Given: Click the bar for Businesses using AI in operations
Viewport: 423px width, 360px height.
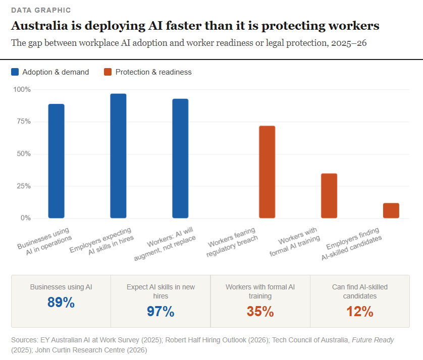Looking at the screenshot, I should coord(56,161).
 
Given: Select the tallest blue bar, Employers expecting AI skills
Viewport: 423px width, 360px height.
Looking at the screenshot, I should coord(118,156).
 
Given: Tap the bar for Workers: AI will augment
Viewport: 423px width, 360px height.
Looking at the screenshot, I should coord(180,159).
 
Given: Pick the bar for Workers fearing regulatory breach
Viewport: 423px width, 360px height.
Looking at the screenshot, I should coord(267,172).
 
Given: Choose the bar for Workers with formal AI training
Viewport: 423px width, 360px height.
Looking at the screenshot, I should coord(329,196).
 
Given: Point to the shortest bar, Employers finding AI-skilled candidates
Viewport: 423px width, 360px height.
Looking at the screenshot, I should coord(391,211).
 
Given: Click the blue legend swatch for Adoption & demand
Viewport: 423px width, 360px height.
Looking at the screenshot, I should coord(16,72).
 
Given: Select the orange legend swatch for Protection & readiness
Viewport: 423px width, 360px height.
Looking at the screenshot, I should coord(108,72).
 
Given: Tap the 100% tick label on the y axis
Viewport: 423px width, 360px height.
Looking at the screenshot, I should coord(22,89).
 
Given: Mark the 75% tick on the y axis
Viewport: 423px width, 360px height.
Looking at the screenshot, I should coord(23,122).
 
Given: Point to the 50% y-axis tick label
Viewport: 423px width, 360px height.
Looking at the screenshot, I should coord(23,154).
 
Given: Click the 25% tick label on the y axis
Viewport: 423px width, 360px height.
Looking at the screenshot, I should coord(23,186).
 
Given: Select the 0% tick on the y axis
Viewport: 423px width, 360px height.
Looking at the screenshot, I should coord(25,218).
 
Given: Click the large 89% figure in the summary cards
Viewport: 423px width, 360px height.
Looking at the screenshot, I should coord(61,303).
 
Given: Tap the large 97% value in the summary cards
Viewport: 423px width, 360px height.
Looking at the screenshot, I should coord(161,312).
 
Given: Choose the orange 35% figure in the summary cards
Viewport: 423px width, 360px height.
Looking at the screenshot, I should coord(260,312).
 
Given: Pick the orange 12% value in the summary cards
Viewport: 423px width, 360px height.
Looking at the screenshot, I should coord(360,312).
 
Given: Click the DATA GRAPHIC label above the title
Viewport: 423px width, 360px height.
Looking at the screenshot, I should coord(41,10).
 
